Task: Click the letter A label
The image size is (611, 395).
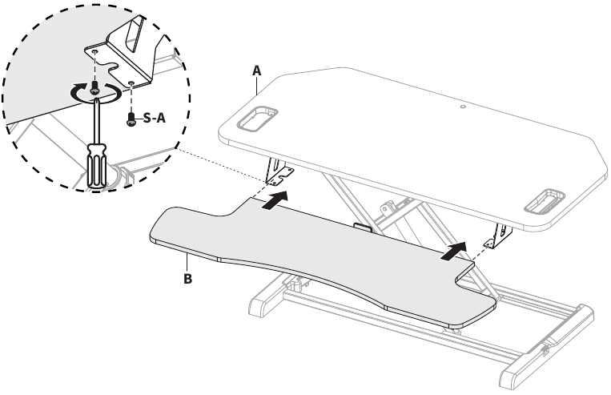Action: [x=256, y=71]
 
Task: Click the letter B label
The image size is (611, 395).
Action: [x=188, y=279]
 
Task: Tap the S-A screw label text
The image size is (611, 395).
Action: [x=155, y=118]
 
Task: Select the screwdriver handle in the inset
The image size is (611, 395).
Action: [x=96, y=167]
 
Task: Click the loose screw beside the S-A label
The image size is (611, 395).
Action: [x=131, y=119]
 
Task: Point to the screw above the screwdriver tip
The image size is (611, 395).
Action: [x=94, y=88]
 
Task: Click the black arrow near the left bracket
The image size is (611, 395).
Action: [x=275, y=200]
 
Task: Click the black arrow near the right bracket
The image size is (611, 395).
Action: [x=453, y=251]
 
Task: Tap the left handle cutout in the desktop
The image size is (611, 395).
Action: [x=256, y=118]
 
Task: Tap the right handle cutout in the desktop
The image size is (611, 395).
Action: [x=545, y=201]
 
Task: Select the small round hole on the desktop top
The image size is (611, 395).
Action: [x=463, y=106]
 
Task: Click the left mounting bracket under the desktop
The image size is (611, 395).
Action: [x=279, y=171]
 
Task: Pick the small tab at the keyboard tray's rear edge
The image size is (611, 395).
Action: [x=363, y=227]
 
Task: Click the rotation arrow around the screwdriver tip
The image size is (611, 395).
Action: [x=94, y=94]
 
